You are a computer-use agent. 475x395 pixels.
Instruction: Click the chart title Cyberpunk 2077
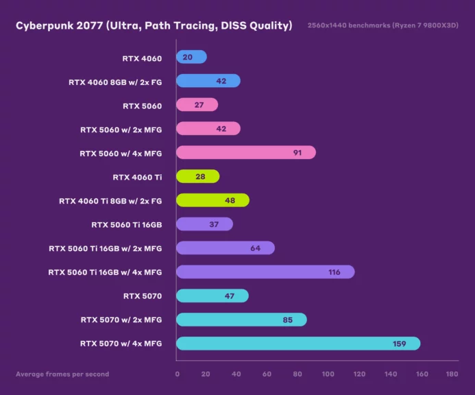pos(154,26)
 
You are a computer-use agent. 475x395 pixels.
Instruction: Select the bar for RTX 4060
pos(191,58)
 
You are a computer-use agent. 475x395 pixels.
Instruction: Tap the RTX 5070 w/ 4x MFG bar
pos(298,344)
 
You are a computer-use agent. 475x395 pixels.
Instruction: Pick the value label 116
pos(334,272)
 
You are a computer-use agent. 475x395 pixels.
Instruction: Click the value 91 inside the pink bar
pos(297,152)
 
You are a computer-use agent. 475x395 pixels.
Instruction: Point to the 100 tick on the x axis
pos(329,374)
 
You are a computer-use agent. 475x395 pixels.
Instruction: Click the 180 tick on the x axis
pos(452,374)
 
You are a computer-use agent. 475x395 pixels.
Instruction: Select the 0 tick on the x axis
pos(177,374)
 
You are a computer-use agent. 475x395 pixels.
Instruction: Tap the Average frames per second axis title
pos(62,374)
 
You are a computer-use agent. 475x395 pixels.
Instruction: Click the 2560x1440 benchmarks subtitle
pos(383,26)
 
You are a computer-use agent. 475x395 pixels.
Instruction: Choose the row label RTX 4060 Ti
pos(137,177)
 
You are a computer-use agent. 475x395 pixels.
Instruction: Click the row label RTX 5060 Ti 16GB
pos(126,224)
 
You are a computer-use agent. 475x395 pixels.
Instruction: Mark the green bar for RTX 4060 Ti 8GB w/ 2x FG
pos(212,200)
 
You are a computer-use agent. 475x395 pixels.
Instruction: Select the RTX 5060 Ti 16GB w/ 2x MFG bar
pos(226,248)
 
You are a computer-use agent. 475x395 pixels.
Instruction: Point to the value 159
pos(400,344)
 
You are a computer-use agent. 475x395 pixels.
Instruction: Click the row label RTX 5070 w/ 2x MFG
pos(121,320)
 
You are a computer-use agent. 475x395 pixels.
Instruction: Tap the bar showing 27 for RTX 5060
pos(197,105)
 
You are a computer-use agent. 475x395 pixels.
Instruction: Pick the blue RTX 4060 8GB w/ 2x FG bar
pos(208,81)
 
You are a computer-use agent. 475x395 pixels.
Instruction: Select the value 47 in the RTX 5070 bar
pos(230,296)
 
